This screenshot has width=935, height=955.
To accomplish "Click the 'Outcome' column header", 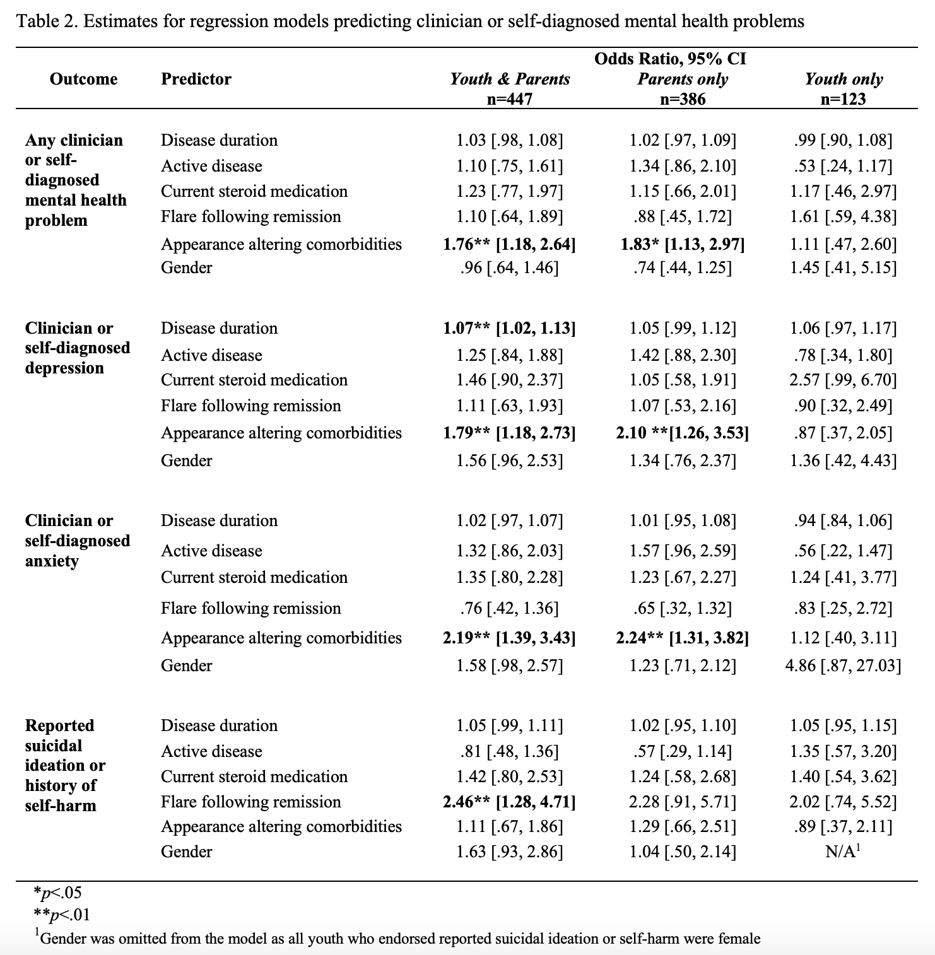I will pyautogui.click(x=83, y=79).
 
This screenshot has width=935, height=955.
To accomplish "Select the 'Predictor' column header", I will pyautogui.click(x=196, y=79).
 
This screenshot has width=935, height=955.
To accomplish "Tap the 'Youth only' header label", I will pyautogui.click(x=844, y=79).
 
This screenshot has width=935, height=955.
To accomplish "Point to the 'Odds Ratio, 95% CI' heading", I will pyautogui.click(x=670, y=59).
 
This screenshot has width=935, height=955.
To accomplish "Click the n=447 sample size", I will pyautogui.click(x=509, y=99).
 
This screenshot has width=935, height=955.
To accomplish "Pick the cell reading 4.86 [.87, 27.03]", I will pyautogui.click(x=843, y=665).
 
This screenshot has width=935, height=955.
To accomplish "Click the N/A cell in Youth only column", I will pyautogui.click(x=843, y=852).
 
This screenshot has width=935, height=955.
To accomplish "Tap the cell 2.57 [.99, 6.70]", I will pyautogui.click(x=843, y=380).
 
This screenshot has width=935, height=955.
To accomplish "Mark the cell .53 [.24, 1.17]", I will pyautogui.click(x=843, y=166).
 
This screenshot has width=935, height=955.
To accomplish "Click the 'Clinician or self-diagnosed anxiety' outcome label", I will pyautogui.click(x=77, y=541).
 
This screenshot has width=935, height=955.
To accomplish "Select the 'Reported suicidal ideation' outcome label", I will pyautogui.click(x=64, y=765).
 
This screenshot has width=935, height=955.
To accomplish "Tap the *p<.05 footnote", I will pyautogui.click(x=57, y=893).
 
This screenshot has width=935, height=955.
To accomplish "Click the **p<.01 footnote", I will pyautogui.click(x=61, y=914).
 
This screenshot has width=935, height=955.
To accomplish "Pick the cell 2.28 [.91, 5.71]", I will pyautogui.click(x=683, y=802).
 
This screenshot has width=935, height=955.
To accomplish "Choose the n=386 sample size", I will pyautogui.click(x=683, y=99).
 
